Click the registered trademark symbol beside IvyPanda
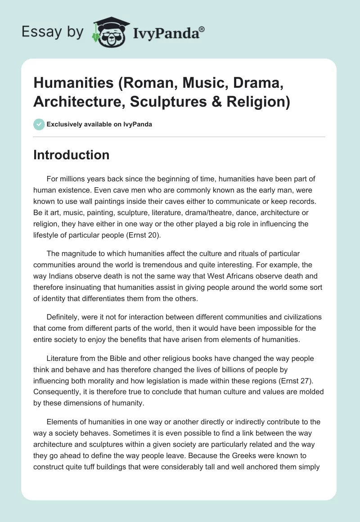202,30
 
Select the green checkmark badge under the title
39,124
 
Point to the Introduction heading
71,155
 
